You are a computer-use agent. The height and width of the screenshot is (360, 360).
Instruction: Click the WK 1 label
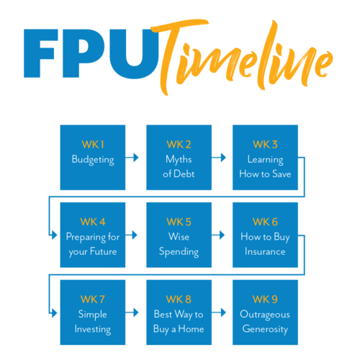click(x=93, y=145)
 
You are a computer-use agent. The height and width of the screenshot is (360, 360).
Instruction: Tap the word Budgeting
click(x=93, y=160)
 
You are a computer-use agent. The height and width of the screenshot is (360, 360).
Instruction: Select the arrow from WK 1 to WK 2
click(x=132, y=158)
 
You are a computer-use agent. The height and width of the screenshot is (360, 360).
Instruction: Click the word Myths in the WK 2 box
click(x=179, y=160)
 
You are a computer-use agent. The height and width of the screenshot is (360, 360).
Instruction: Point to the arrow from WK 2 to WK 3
click(x=219, y=158)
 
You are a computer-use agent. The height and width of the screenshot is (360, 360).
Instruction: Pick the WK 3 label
click(x=265, y=145)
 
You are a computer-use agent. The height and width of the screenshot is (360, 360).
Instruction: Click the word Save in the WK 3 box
click(x=282, y=174)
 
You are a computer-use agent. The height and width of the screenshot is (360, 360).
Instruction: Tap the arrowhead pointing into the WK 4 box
click(x=54, y=235)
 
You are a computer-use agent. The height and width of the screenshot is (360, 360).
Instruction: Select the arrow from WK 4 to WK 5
click(x=131, y=235)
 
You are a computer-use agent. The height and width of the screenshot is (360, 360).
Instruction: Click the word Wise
click(x=179, y=237)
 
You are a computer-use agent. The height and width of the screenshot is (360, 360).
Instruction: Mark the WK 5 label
click(x=179, y=222)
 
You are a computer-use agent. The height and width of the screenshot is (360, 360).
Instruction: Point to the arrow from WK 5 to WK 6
click(x=218, y=235)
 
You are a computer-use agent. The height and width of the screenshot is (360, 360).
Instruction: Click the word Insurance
click(x=265, y=252)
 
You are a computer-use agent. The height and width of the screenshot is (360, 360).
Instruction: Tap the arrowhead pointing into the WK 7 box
click(x=54, y=313)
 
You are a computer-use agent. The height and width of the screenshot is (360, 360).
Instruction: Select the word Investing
click(x=93, y=330)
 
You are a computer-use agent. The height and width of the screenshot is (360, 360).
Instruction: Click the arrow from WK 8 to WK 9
click(x=219, y=312)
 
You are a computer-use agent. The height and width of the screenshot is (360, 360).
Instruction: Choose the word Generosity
click(x=265, y=330)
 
